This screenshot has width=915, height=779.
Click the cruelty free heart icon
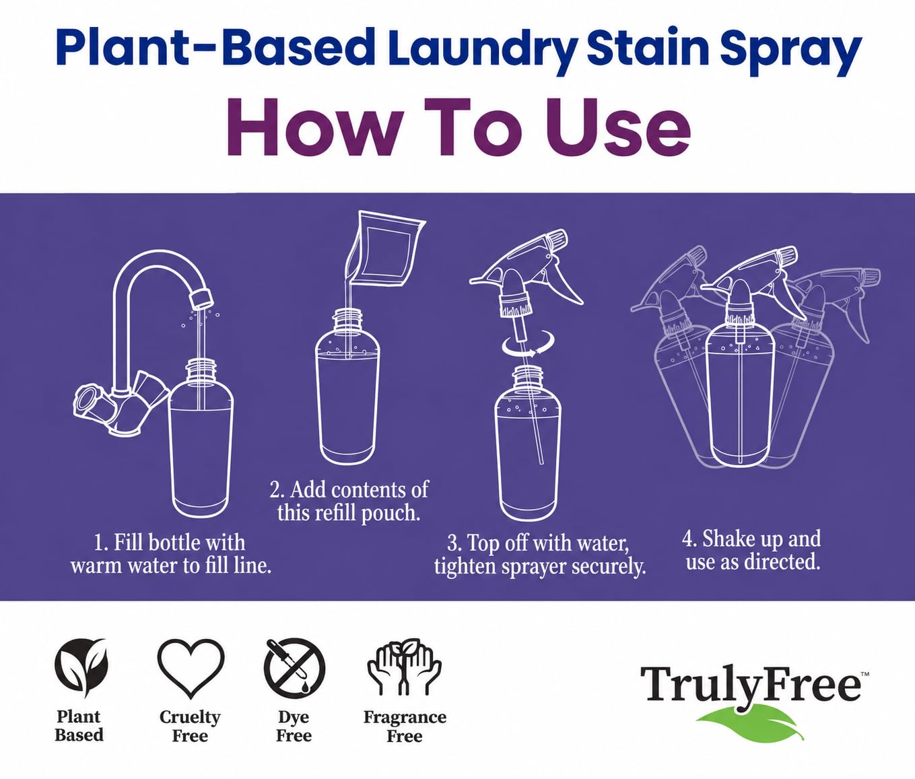[191, 669]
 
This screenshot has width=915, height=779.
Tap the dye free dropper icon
[294, 668]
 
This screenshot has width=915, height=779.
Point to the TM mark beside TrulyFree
[865, 674]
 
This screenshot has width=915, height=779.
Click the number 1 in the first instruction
[98, 543]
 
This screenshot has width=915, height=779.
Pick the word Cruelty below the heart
[190, 717]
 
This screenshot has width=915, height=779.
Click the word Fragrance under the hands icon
[405, 718]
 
